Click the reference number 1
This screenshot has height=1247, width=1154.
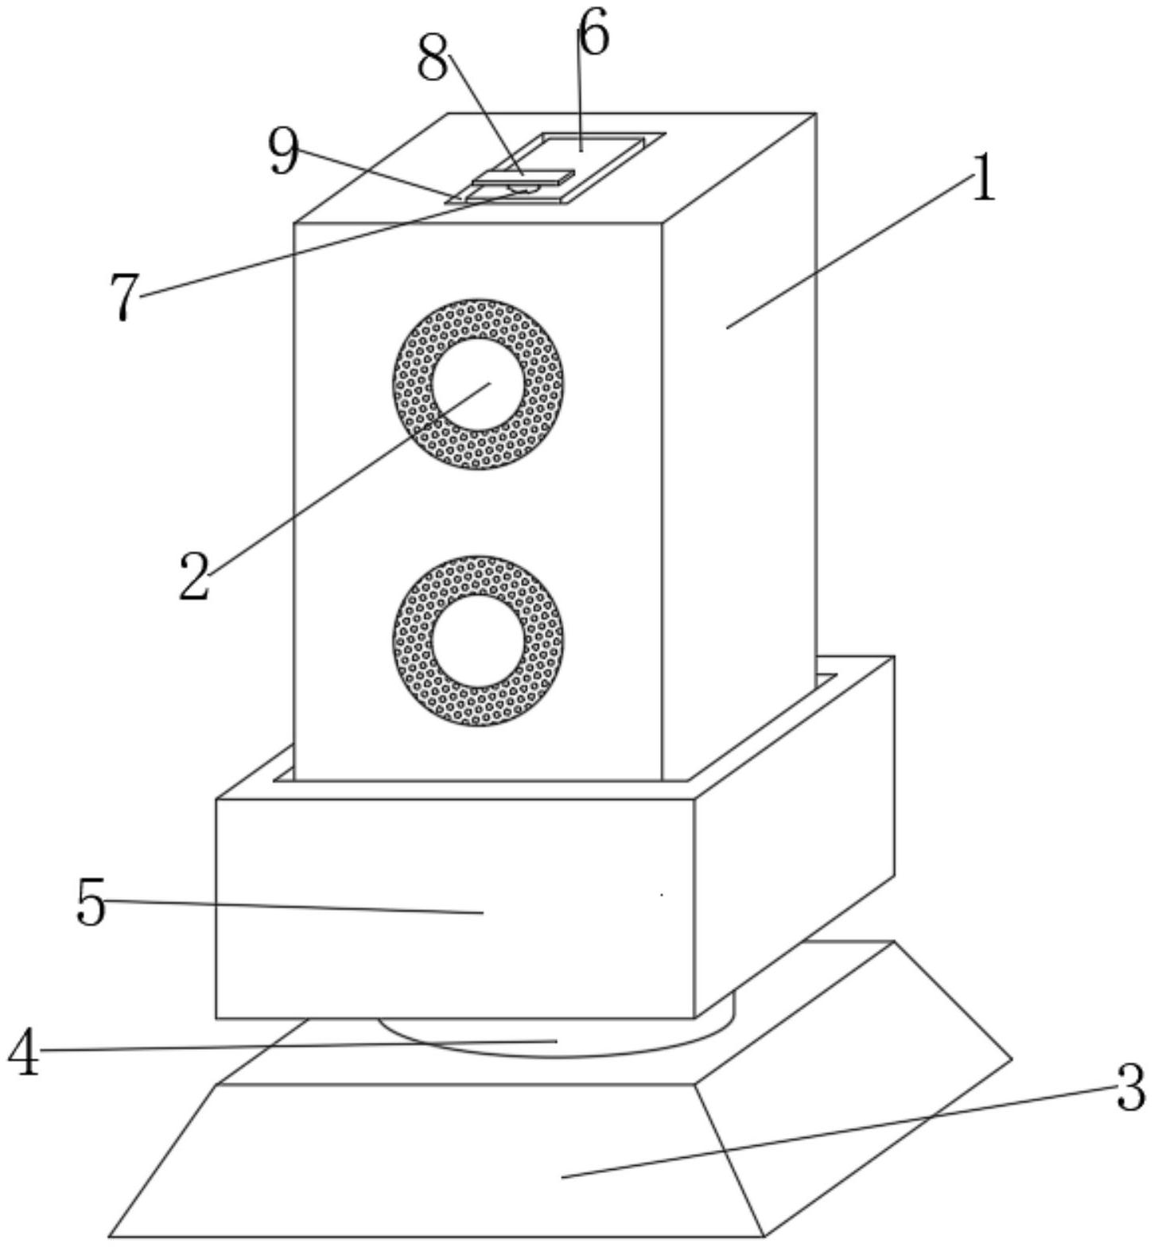pyautogui.click(x=984, y=177)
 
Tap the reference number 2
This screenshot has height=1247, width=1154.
pyautogui.click(x=194, y=576)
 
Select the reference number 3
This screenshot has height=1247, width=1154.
pyautogui.click(x=1129, y=1087)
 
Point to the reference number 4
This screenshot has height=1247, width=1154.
pyautogui.click(x=25, y=1052)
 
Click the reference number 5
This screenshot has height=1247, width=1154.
pyautogui.click(x=90, y=903)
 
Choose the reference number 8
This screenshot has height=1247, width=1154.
pyautogui.click(x=433, y=58)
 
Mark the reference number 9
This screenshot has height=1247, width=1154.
pyautogui.click(x=284, y=151)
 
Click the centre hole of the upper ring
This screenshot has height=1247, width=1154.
pyautogui.click(x=478, y=384)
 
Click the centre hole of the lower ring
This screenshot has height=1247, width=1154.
pyautogui.click(x=478, y=640)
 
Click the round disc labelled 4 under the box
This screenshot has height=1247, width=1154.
pyautogui.click(x=557, y=1038)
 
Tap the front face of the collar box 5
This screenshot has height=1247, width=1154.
pyautogui.click(x=455, y=908)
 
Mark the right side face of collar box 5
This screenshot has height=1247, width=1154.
pyautogui.click(x=795, y=835)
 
